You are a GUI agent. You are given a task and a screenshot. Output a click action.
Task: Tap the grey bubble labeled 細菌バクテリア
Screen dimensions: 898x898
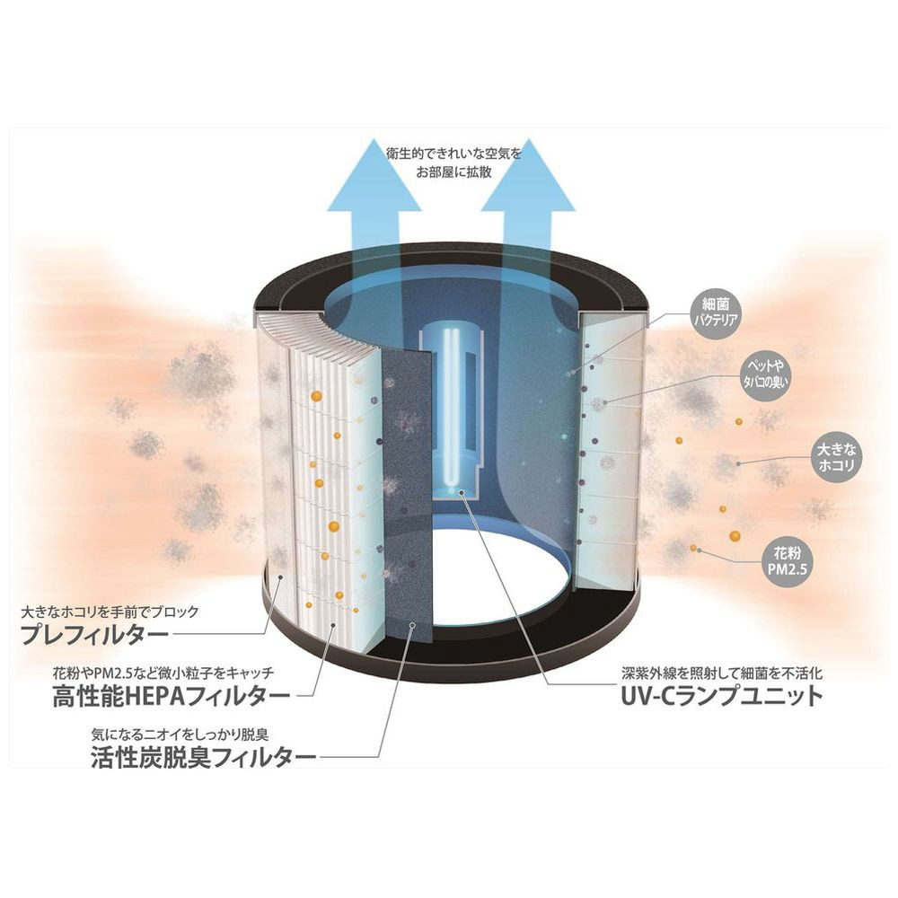click(x=716, y=313)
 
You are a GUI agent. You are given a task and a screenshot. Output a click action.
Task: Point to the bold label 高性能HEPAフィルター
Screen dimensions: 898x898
click(x=172, y=697)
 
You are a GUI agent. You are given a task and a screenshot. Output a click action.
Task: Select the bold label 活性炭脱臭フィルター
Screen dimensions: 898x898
click(x=203, y=758)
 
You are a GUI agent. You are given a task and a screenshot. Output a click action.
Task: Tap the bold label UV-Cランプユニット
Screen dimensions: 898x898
click(x=722, y=697)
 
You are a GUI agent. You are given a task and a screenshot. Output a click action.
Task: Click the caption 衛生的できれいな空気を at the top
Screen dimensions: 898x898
click(x=453, y=154)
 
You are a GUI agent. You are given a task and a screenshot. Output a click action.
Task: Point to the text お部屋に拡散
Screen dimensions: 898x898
click(x=453, y=172)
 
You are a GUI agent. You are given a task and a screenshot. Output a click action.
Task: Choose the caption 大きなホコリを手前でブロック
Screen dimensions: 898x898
click(x=110, y=612)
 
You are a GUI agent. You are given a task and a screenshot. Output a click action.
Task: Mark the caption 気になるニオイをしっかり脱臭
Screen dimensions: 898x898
click(x=180, y=734)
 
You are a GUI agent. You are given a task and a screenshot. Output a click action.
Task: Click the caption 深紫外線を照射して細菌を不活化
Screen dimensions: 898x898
click(x=722, y=673)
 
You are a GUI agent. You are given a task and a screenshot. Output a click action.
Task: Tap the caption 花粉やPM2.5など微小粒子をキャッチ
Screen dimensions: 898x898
click(x=163, y=673)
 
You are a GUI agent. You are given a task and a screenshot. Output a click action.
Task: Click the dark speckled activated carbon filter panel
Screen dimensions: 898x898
click(x=407, y=499)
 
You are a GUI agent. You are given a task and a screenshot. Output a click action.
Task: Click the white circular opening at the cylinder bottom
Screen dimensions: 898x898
click(x=499, y=578)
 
